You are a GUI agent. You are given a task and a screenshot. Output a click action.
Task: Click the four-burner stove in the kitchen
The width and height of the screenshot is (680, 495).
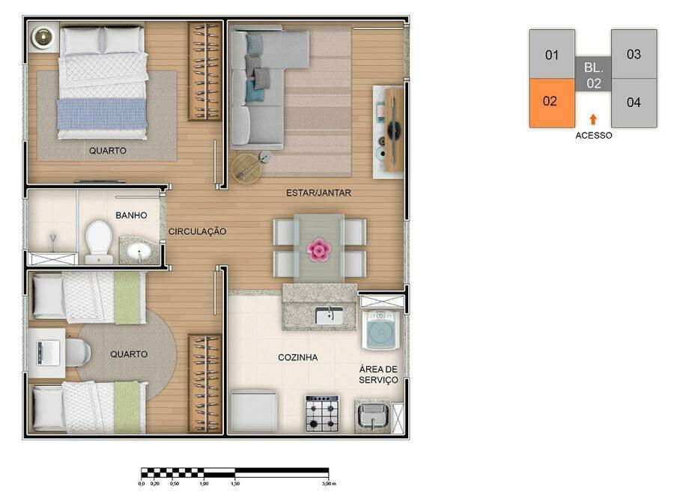(322, 413)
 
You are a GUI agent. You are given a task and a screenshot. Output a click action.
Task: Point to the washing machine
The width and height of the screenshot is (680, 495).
(380, 328)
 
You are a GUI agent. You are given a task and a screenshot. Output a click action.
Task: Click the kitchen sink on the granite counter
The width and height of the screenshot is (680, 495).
(329, 316)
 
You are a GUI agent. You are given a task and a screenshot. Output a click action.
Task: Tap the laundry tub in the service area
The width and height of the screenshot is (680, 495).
(371, 416)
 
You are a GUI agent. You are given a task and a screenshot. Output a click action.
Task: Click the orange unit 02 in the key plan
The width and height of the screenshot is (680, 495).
(551, 102)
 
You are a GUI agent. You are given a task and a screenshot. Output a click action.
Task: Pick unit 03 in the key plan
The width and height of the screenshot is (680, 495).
(634, 54)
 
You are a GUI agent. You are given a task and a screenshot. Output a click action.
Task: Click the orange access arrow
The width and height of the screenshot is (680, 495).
(593, 119)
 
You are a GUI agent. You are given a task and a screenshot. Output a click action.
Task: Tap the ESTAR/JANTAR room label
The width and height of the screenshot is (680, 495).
(318, 193)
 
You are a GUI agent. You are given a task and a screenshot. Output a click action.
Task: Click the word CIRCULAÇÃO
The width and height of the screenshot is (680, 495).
(197, 232)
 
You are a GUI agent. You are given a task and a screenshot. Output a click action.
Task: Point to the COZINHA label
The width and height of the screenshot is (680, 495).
(297, 358)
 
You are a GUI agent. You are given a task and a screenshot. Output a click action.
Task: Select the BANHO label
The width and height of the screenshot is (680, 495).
(131, 216)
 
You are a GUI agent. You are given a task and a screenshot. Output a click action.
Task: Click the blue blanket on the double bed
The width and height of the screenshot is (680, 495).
(102, 114)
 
